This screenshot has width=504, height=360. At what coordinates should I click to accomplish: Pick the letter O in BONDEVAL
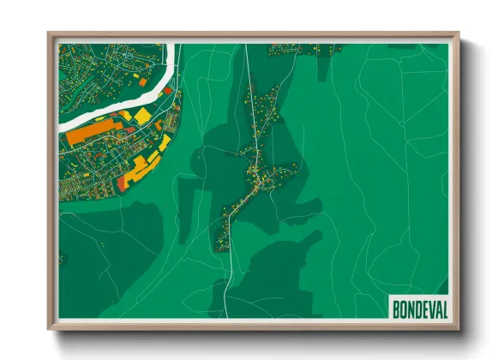click(404, 308)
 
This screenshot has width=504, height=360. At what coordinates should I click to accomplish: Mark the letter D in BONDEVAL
click(417, 308)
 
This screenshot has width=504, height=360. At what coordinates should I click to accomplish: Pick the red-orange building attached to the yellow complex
click(126, 181)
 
